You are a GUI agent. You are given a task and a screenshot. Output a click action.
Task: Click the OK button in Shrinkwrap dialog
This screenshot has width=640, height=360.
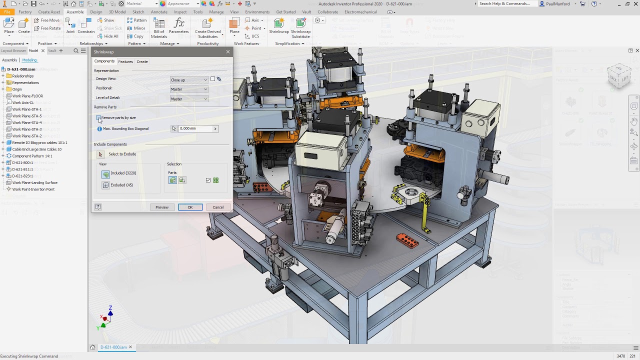click(x=190, y=207)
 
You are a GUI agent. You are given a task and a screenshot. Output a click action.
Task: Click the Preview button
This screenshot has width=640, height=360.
click(x=161, y=207)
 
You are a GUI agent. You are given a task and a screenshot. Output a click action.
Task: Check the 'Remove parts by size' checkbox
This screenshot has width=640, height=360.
click(x=98, y=117)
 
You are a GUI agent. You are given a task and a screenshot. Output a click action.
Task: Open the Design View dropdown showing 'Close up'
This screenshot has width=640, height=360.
click(x=189, y=80)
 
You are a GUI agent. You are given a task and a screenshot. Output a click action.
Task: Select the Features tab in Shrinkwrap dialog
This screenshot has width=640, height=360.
click(x=125, y=61)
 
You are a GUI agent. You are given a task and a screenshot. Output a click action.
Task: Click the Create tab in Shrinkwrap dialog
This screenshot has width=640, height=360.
click(x=142, y=61)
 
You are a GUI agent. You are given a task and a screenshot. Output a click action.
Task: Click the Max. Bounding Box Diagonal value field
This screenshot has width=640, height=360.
click(x=195, y=128)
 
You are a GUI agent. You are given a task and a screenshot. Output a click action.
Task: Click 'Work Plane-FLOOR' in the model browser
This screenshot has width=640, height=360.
click(x=27, y=96)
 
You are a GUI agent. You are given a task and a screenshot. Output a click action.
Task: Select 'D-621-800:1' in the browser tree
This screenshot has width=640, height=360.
click(x=22, y=162)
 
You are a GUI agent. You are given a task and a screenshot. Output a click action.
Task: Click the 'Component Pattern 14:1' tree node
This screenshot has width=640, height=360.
click(x=32, y=156)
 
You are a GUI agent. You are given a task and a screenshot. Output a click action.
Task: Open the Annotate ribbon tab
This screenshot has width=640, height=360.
click(x=159, y=12)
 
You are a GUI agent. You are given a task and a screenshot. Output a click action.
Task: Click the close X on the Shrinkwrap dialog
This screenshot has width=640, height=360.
click(x=228, y=52)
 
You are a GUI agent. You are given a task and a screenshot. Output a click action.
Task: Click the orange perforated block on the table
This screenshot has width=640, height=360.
click(x=407, y=240)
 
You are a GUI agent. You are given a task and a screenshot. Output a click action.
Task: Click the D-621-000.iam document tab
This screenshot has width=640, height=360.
click(x=113, y=347)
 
